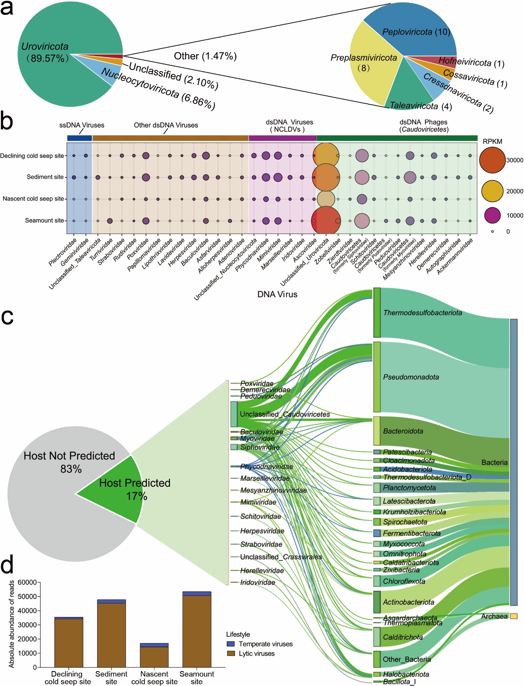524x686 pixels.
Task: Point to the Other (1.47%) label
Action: click(x=205, y=56)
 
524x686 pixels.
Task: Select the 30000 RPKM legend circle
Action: click(x=493, y=160)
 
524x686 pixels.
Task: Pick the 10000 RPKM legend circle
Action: click(x=492, y=215)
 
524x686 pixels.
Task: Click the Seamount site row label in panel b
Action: click(x=44, y=220)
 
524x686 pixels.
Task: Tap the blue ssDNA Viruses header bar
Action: click(x=79, y=138)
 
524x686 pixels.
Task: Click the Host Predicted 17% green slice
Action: click(x=120, y=490)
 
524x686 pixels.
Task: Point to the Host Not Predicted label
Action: click(x=69, y=456)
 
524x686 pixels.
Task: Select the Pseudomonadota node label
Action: click(x=410, y=377)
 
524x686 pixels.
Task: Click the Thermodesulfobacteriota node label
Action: click(x=422, y=313)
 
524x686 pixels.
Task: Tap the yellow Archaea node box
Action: click(x=514, y=616)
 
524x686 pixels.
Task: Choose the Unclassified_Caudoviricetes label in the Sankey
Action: click(x=285, y=414)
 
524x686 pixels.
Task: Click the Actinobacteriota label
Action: click(x=408, y=602)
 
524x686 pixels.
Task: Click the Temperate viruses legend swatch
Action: click(x=231, y=644)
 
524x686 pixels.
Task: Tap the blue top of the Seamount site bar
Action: click(x=197, y=593)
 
